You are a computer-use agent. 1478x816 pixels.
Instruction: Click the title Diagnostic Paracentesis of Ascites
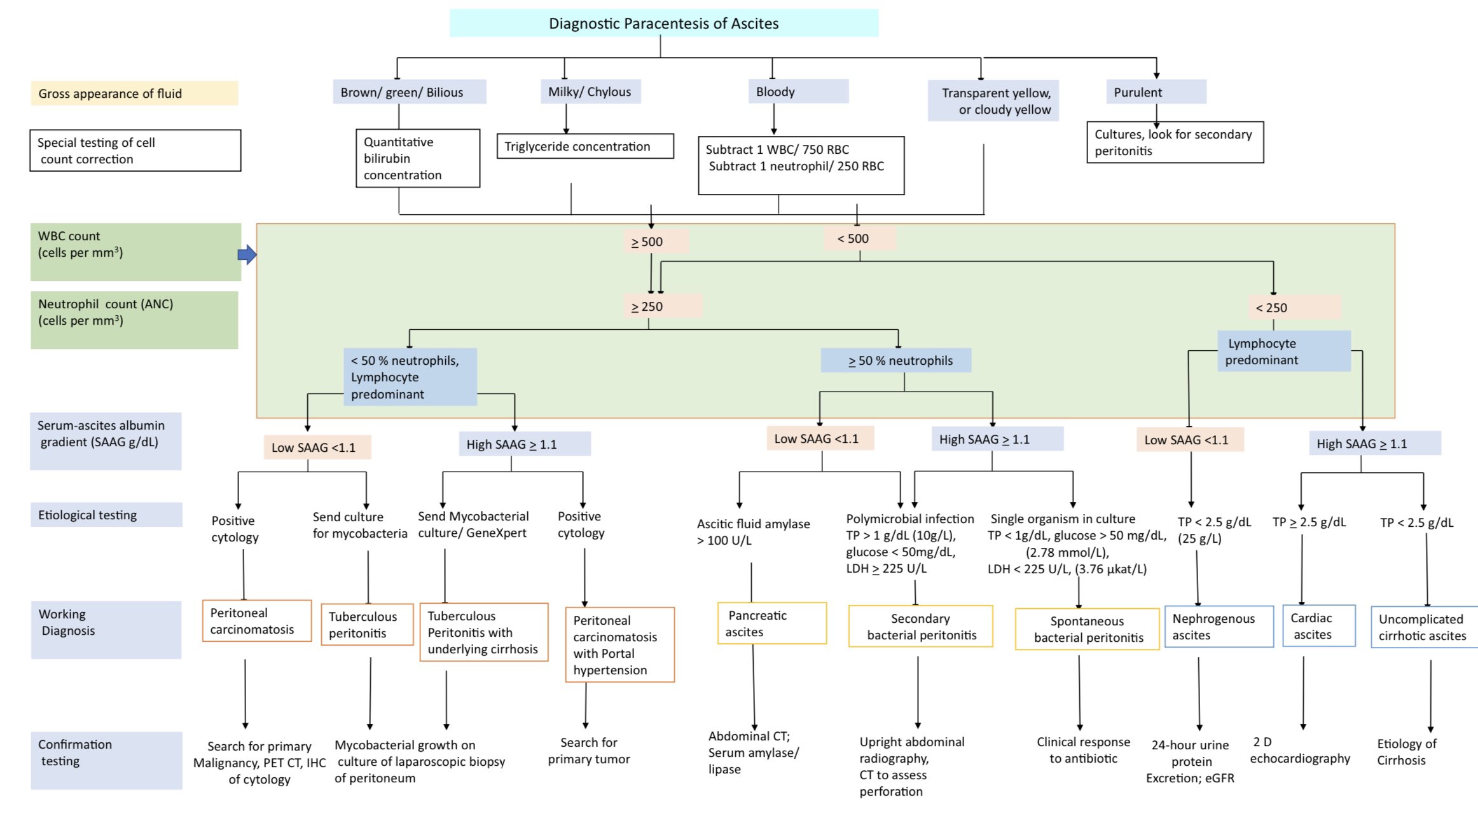point(664,23)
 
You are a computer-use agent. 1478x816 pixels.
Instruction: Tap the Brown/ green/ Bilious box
point(410,92)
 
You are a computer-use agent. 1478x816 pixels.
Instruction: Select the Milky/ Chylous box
point(590,92)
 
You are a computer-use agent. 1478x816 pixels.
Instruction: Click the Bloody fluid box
point(798,92)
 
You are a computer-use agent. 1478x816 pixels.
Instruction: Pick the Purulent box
point(1156,92)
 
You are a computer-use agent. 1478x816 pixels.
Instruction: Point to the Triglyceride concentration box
point(585,146)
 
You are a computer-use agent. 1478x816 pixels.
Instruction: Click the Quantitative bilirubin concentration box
point(418,158)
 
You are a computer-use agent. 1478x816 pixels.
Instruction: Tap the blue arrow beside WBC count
point(247,255)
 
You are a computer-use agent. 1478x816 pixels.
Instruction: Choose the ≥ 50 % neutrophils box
point(896,360)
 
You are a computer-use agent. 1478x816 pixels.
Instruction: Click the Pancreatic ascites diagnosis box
point(772,623)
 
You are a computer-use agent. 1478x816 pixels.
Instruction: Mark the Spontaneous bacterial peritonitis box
point(1088,629)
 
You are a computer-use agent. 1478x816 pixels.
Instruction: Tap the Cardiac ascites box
point(1319,626)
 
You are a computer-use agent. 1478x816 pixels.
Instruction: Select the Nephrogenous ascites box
point(1219,627)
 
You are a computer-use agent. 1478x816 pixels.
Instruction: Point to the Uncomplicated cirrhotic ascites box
point(1425,627)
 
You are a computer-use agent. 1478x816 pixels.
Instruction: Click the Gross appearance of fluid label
point(134,93)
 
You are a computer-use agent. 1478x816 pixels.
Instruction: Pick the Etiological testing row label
point(106,515)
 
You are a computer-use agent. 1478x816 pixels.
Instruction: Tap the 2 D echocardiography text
point(1300,751)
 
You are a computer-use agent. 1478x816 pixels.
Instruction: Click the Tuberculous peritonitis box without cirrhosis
point(368,625)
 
